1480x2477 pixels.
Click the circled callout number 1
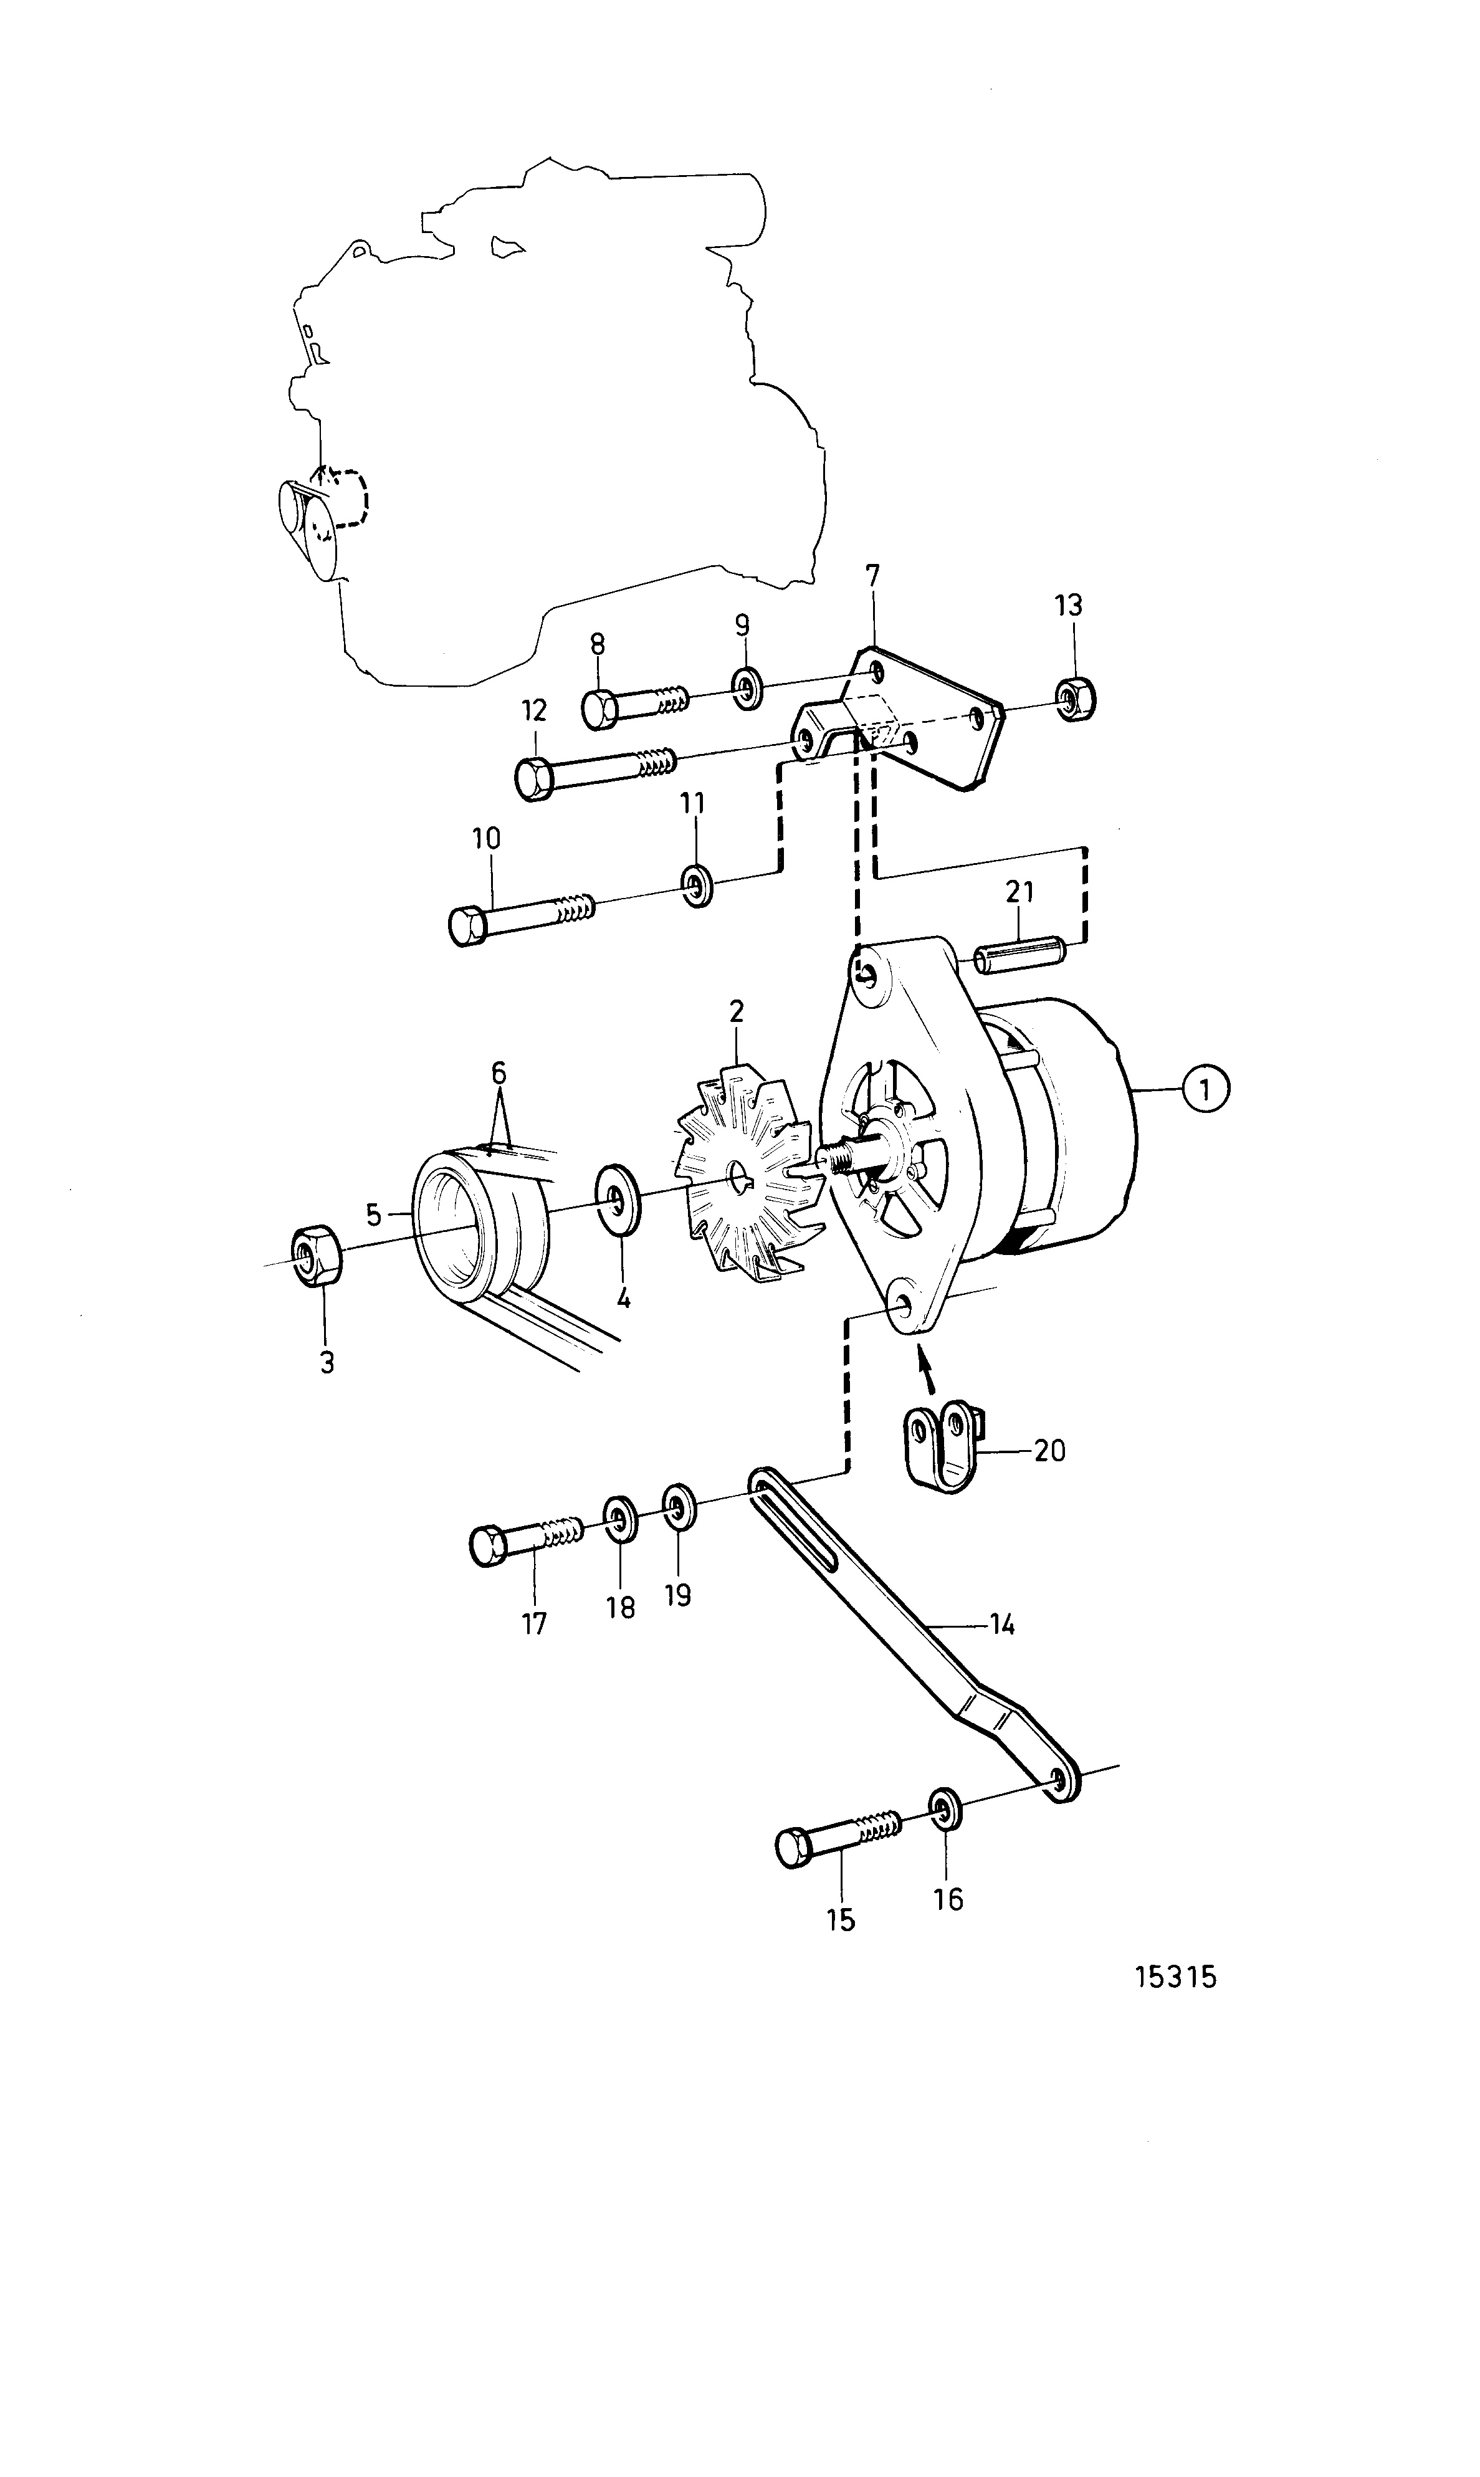click(x=1206, y=1089)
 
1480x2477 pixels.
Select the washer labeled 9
click(x=745, y=688)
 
